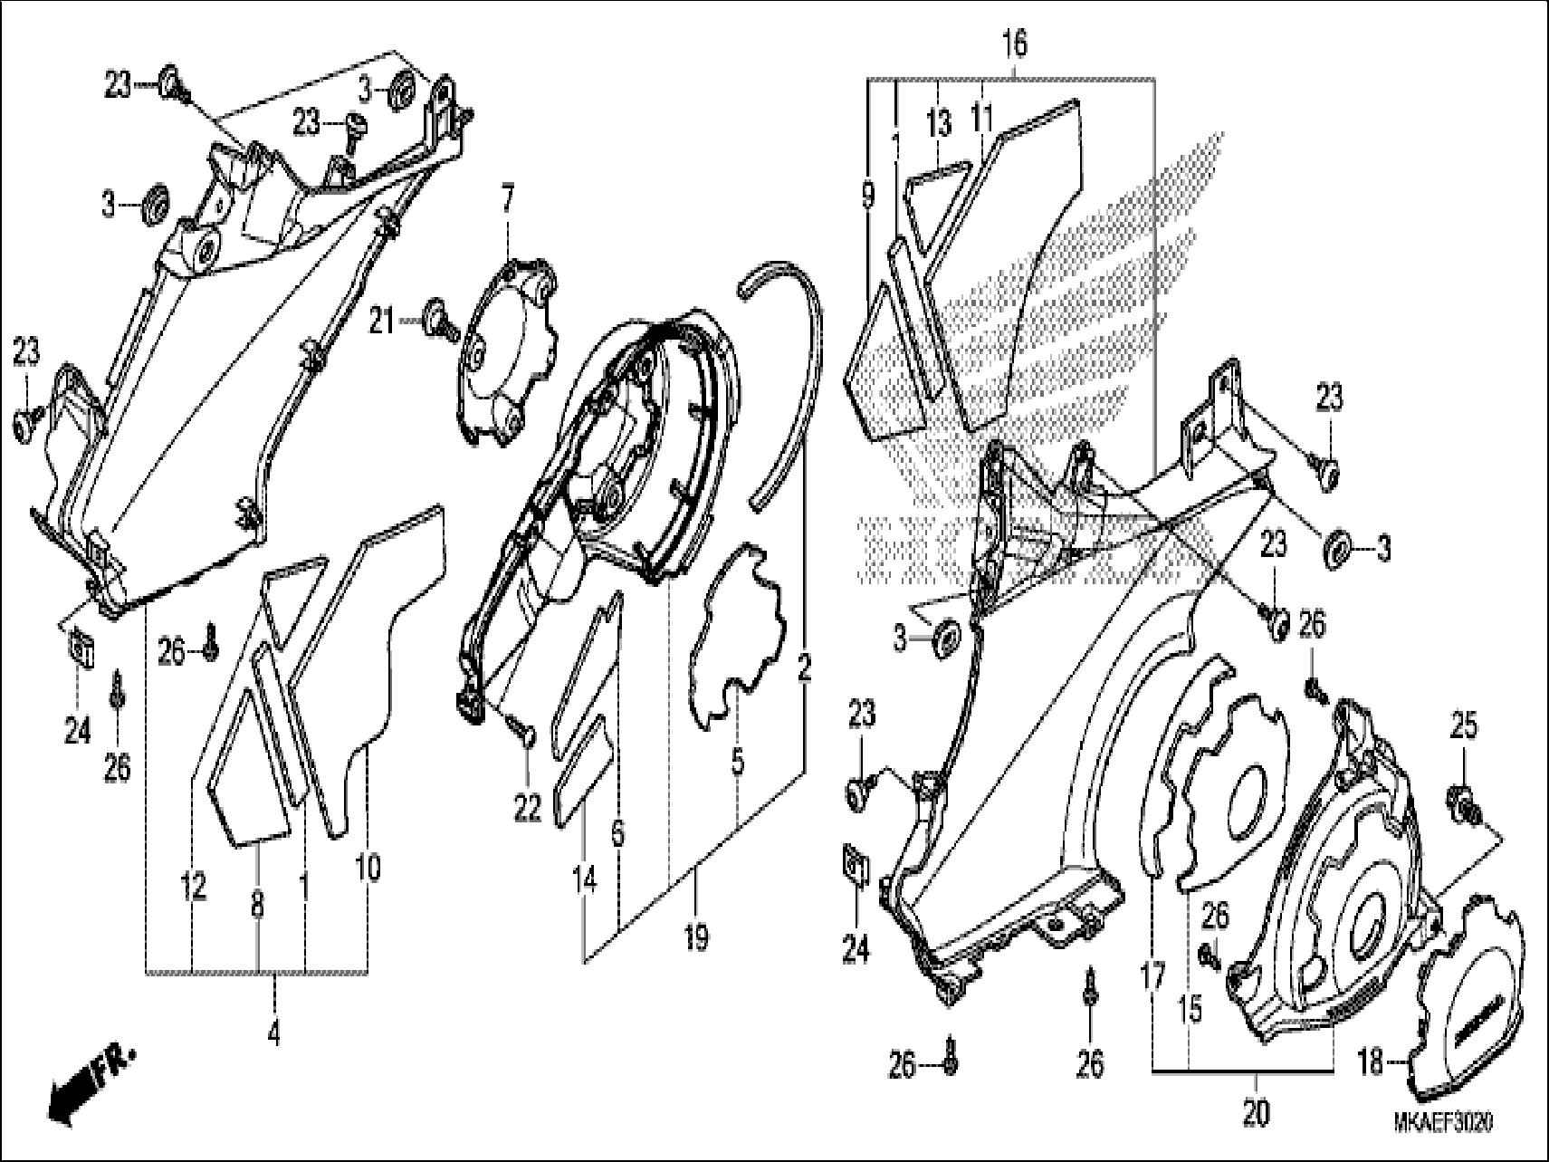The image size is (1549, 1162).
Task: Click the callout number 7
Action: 507,197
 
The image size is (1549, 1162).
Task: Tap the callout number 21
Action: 382,321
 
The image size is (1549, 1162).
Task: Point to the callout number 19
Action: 695,939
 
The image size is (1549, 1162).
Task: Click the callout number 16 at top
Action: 1015,43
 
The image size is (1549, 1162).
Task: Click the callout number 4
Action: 273,1032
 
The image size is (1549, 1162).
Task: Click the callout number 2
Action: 804,671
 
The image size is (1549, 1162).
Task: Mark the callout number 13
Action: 939,123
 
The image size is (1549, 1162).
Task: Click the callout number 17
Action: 1152,979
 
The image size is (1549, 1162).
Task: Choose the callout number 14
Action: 585,878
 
